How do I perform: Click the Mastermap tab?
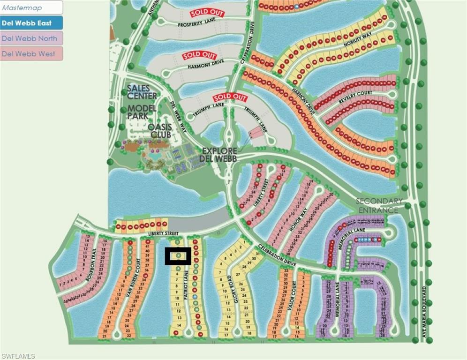tap(31, 8)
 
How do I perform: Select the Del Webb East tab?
tap(31, 23)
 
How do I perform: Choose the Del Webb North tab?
tap(31, 38)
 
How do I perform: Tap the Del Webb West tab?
tap(31, 53)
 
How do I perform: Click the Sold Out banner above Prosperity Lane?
tap(207, 13)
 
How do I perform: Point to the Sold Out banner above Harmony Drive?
tap(199, 56)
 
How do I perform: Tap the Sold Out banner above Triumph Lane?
tap(230, 97)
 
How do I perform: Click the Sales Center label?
tap(142, 92)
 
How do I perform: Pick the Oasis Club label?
tap(160, 131)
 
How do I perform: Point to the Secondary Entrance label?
tap(379, 206)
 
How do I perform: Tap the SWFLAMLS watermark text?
tap(18, 356)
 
